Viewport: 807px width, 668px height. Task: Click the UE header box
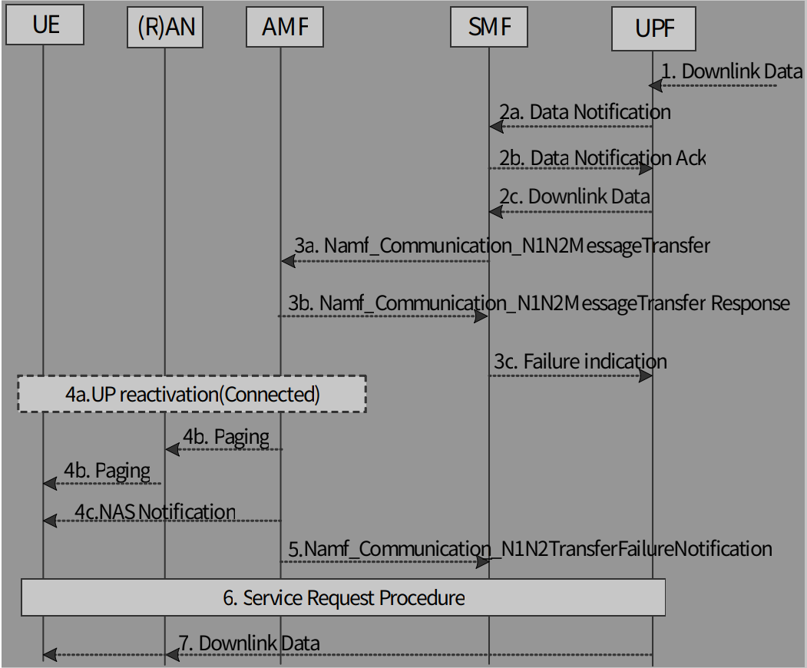44,26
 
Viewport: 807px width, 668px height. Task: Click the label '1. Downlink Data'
732,71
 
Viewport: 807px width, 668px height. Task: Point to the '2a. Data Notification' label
585,112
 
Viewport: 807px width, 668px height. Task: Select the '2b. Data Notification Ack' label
602,157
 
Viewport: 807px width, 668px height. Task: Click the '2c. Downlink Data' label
575,195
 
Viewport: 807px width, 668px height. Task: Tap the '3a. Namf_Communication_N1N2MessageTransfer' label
501,246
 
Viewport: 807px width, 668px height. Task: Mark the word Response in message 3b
749,303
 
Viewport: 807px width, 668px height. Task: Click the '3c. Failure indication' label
580,361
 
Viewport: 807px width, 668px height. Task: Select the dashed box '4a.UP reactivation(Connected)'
192,394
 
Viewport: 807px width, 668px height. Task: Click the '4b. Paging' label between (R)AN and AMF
226,437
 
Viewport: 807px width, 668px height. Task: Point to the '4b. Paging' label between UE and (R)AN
107,469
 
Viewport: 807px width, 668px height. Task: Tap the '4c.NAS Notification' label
155,511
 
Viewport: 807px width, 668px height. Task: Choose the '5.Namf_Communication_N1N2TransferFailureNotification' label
530,548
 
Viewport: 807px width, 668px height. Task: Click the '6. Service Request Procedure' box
343,597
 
